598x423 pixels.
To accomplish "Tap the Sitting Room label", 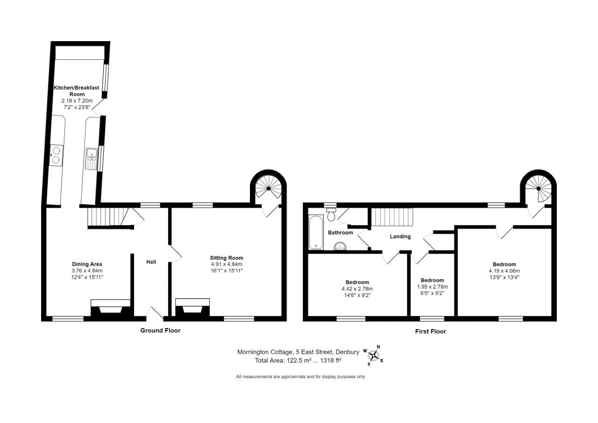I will (227, 258).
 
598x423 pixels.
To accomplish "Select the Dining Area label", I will (87, 264).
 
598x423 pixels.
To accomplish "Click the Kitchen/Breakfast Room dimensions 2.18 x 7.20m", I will (77, 100).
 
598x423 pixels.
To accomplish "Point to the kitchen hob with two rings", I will (57, 155).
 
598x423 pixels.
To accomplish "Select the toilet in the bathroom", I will (331, 214).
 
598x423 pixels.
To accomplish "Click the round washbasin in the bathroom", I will (339, 246).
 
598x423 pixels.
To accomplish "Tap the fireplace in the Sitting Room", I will (192, 308).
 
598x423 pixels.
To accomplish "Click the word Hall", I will (151, 262).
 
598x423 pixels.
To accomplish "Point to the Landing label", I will (400, 237).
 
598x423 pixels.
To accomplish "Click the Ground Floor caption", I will (160, 330).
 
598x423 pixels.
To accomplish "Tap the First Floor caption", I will (430, 331).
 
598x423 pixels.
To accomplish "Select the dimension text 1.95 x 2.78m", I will (432, 287).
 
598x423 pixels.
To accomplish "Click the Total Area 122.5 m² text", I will (298, 360).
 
